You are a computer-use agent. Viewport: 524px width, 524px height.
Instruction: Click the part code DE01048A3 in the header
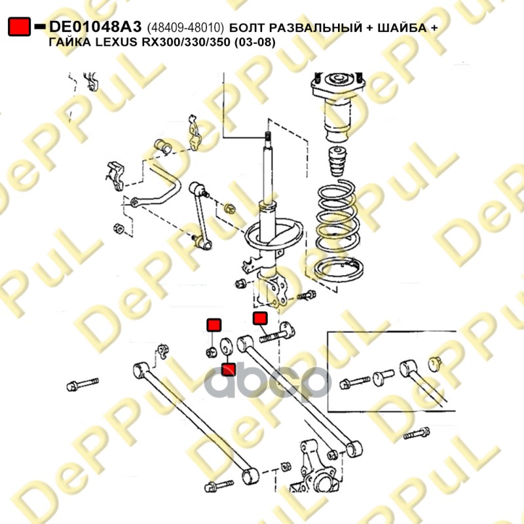[95, 27]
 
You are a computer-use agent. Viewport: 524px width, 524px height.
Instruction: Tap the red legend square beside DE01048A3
[19, 26]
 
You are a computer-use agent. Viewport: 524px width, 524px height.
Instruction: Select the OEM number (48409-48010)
[185, 28]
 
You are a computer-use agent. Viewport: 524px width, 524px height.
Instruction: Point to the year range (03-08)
[255, 43]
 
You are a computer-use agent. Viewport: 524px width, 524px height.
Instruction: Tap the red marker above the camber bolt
[260, 318]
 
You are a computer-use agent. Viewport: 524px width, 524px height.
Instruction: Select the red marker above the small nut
[214, 325]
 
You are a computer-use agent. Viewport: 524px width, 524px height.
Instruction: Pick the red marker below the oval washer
[229, 369]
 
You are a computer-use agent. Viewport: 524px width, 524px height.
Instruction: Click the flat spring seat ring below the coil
[338, 269]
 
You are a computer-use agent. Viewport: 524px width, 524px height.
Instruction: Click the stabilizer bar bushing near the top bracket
[162, 146]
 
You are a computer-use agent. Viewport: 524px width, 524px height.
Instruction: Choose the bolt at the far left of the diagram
[83, 384]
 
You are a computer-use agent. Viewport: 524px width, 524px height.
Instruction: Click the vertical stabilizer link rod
[201, 215]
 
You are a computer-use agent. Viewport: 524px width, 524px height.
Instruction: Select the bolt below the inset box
[417, 434]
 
